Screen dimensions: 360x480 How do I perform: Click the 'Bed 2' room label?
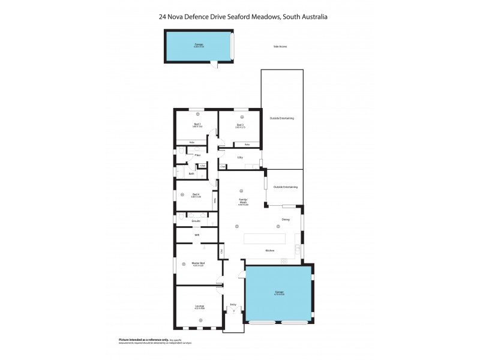coord(197,124)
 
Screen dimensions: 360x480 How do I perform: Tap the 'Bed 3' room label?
coord(240,124)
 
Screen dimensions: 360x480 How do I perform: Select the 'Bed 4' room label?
coord(196,194)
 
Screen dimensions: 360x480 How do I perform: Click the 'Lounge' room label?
coord(199,306)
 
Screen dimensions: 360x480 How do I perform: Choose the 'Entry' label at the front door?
coord(233,305)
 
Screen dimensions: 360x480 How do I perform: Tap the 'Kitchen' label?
coord(270,250)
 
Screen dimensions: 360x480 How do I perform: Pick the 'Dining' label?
coord(286,220)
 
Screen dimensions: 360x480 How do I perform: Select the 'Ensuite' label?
coord(196,221)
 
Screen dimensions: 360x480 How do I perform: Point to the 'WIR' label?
coord(196,235)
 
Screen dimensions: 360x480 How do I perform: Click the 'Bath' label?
coord(191,173)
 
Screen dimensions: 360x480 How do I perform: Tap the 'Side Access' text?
coord(280,46)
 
